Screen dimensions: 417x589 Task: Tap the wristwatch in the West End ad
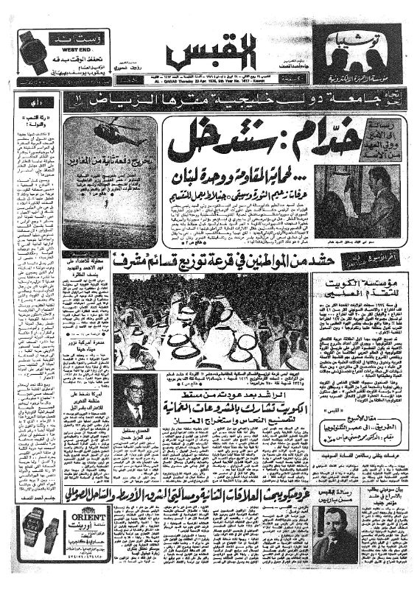(33, 49)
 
